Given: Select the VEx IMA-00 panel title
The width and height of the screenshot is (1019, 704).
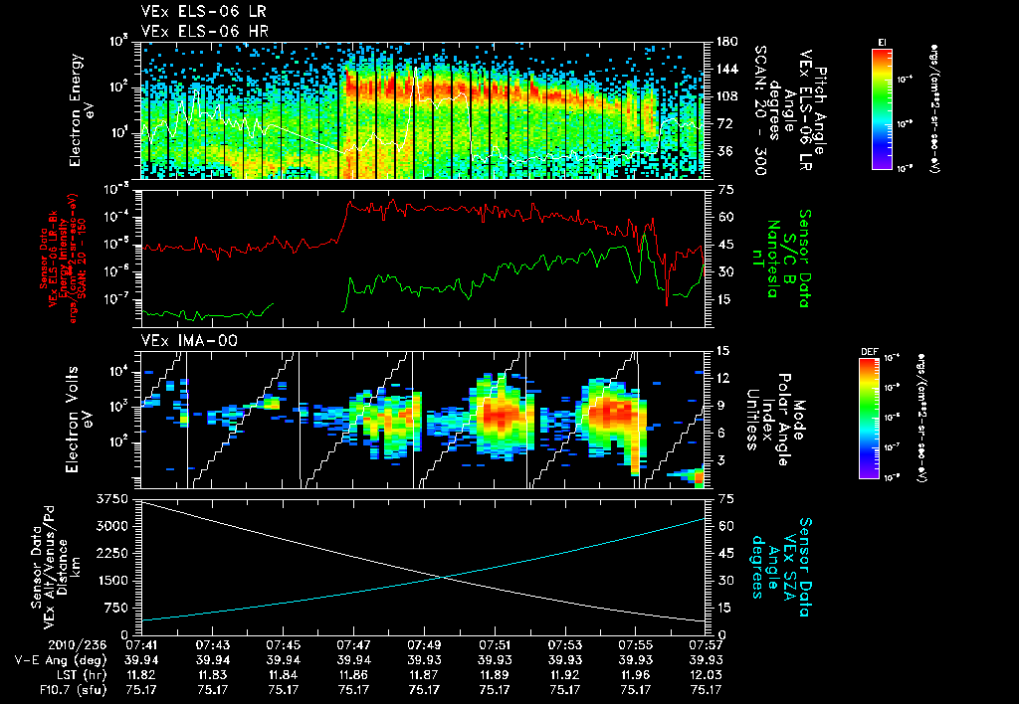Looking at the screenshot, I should (x=180, y=340).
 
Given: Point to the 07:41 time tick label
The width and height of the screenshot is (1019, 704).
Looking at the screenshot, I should (x=144, y=645).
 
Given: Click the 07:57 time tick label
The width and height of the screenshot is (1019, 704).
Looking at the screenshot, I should (x=705, y=645).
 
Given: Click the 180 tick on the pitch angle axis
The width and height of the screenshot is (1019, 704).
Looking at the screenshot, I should (x=724, y=41).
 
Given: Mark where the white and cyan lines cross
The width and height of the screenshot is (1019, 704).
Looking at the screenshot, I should (x=440, y=577).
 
